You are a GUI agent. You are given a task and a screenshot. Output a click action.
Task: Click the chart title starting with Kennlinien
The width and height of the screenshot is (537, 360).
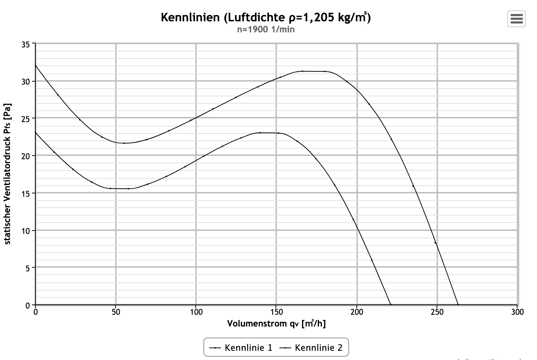[x=266, y=17]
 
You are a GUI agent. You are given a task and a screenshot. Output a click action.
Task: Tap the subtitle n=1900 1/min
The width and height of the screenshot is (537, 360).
[x=266, y=29]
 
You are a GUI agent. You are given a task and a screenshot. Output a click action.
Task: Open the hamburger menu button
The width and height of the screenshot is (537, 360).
[x=516, y=18]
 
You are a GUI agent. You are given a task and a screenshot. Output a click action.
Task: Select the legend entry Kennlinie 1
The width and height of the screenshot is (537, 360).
[x=241, y=347]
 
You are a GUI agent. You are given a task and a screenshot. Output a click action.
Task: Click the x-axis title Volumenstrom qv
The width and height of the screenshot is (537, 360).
[x=276, y=324]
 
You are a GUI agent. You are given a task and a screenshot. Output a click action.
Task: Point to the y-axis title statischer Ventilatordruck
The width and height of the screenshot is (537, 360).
[x=8, y=174]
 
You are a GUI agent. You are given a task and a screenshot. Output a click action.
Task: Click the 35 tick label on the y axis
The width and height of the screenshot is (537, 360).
[x=26, y=44]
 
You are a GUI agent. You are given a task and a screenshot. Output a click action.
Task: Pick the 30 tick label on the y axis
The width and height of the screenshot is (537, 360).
[x=26, y=81]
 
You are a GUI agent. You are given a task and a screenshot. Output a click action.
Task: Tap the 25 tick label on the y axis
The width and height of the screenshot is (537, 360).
[x=26, y=119]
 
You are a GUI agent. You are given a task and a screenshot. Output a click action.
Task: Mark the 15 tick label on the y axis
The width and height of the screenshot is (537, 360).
[x=26, y=193]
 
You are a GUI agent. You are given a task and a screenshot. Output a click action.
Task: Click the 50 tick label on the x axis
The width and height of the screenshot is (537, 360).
[x=116, y=312]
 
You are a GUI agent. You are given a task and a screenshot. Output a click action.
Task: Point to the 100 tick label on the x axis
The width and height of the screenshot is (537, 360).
[x=196, y=312]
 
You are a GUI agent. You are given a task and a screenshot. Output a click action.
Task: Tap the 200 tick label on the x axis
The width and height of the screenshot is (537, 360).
[x=357, y=312]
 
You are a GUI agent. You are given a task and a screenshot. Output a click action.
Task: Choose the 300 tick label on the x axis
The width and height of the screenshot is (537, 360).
[x=517, y=312]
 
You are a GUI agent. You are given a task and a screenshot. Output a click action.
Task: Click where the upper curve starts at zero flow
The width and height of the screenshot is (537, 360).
[x=36, y=65]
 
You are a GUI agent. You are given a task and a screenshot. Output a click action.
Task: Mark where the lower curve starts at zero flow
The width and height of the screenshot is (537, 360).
[x=36, y=133]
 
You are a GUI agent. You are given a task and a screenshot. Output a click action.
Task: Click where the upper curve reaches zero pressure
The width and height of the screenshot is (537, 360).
[x=458, y=304]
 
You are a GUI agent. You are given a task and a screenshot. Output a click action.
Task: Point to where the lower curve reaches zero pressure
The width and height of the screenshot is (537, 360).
[x=390, y=304]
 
